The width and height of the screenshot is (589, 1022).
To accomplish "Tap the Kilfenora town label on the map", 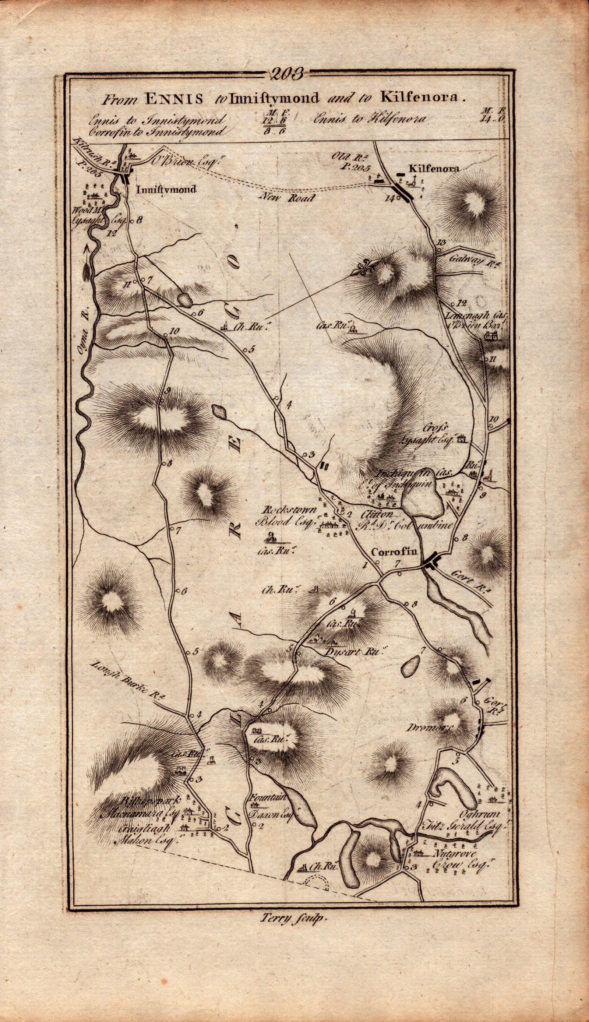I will click(434, 169).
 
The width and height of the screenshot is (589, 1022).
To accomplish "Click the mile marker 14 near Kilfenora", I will click(389, 198).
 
